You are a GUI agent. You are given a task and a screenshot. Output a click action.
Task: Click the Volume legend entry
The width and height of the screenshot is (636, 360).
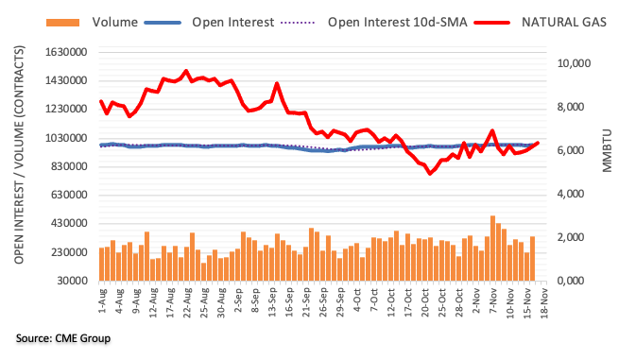click(114, 22)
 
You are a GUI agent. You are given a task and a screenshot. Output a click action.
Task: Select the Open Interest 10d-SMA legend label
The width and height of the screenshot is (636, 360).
click(398, 22)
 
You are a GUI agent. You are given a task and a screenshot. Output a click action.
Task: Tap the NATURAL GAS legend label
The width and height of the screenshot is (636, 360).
click(564, 22)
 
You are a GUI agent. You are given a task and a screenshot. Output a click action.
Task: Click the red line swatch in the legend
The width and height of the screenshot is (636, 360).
click(492, 23)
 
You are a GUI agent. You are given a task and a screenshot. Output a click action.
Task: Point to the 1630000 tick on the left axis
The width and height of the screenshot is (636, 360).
click(67, 52)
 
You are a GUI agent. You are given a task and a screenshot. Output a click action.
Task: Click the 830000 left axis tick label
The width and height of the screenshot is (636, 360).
click(70, 166)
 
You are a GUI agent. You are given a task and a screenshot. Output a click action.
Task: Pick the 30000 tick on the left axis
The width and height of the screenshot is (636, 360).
click(73, 281)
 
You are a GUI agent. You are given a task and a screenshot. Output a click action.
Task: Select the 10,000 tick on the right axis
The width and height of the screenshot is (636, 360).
click(574, 63)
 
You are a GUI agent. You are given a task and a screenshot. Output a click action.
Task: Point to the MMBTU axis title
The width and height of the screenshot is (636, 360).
click(608, 151)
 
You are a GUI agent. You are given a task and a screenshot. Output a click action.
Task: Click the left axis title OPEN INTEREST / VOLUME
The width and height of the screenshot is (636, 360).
click(19, 155)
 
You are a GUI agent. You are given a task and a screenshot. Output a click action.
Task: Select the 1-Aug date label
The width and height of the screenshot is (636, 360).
click(102, 300)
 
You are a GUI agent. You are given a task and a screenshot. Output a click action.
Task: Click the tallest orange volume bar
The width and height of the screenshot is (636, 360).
click(492, 249)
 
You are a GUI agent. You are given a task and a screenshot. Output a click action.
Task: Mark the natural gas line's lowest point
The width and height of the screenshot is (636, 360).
click(430, 174)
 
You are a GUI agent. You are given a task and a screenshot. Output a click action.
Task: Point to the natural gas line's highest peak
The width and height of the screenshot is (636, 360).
click(186, 72)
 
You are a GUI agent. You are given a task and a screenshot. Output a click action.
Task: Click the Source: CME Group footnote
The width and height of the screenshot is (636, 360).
click(63, 338)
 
